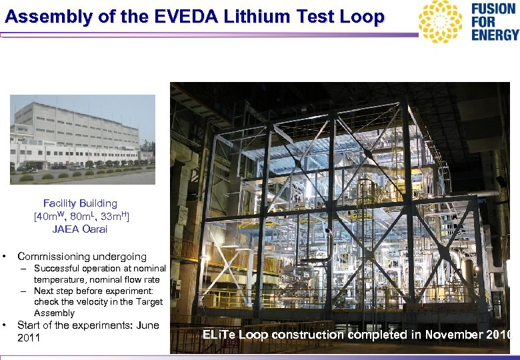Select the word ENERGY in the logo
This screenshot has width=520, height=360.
[x=495, y=35]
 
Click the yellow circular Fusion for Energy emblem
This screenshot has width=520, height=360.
[x=440, y=21]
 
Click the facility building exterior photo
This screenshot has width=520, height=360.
[x=83, y=139]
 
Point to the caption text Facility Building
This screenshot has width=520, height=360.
[x=80, y=203]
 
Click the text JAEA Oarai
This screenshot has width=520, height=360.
[x=80, y=229]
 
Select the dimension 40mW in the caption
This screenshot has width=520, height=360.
[x=49, y=217]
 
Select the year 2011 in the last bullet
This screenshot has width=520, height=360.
[x=29, y=338]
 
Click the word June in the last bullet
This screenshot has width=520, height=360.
[x=147, y=325]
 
